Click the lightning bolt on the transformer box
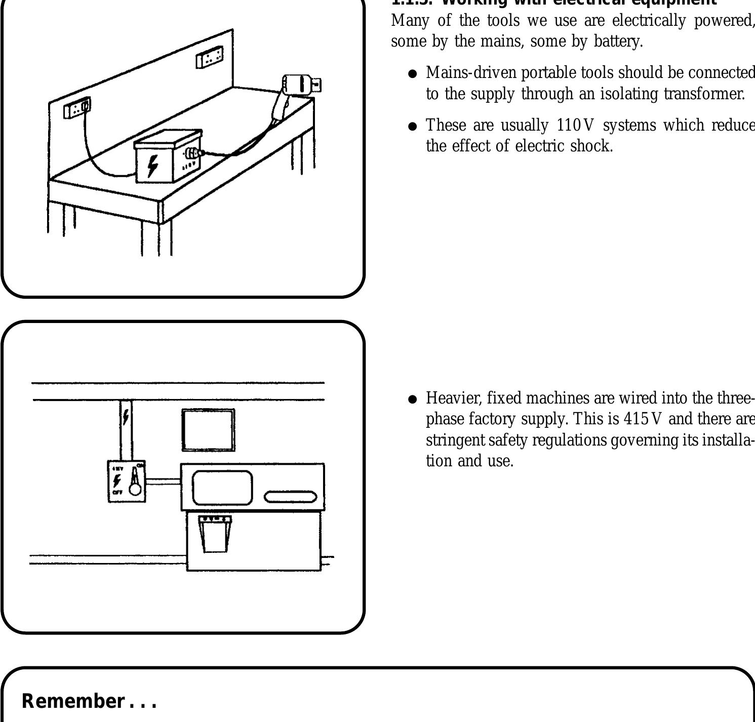click(x=152, y=166)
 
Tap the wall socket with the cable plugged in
click(x=77, y=108)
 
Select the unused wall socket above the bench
click(x=210, y=57)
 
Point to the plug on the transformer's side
click(x=194, y=153)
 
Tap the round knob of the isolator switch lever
click(x=135, y=489)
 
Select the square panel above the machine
click(x=208, y=430)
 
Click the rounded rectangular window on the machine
click(x=222, y=488)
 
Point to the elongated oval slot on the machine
click(x=291, y=497)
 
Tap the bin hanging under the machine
click(x=215, y=534)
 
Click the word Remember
click(x=73, y=701)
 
